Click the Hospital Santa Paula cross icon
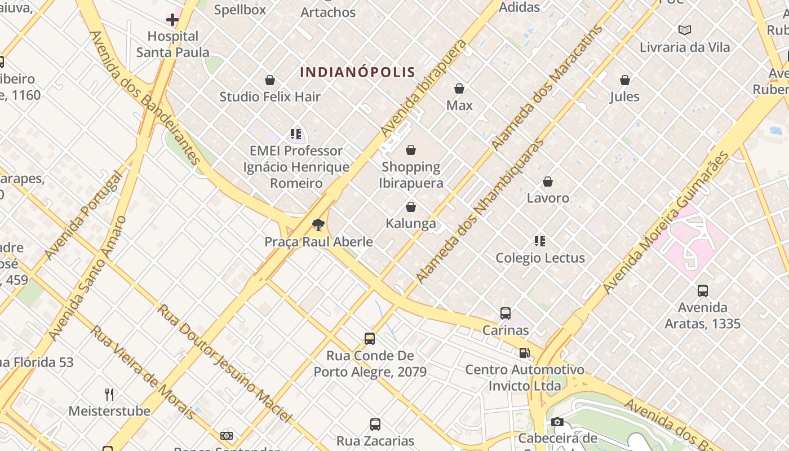[x=172, y=20]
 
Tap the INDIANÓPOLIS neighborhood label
[x=357, y=72]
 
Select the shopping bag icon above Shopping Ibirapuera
[x=411, y=150]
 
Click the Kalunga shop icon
[x=411, y=207]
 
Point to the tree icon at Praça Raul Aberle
[x=318, y=225]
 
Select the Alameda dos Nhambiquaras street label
[x=480, y=210]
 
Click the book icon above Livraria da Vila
[x=685, y=30]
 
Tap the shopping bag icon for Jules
[x=624, y=80]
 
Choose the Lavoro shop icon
[x=548, y=182]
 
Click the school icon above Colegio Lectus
[x=540, y=241]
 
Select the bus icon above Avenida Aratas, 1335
[x=702, y=291]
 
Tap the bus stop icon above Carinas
[x=506, y=313]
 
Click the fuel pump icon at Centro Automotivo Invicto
[x=524, y=353]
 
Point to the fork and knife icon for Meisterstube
[x=109, y=394]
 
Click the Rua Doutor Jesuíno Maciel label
[x=225, y=363]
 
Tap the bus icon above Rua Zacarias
[x=375, y=425]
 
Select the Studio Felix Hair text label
[x=270, y=96]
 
